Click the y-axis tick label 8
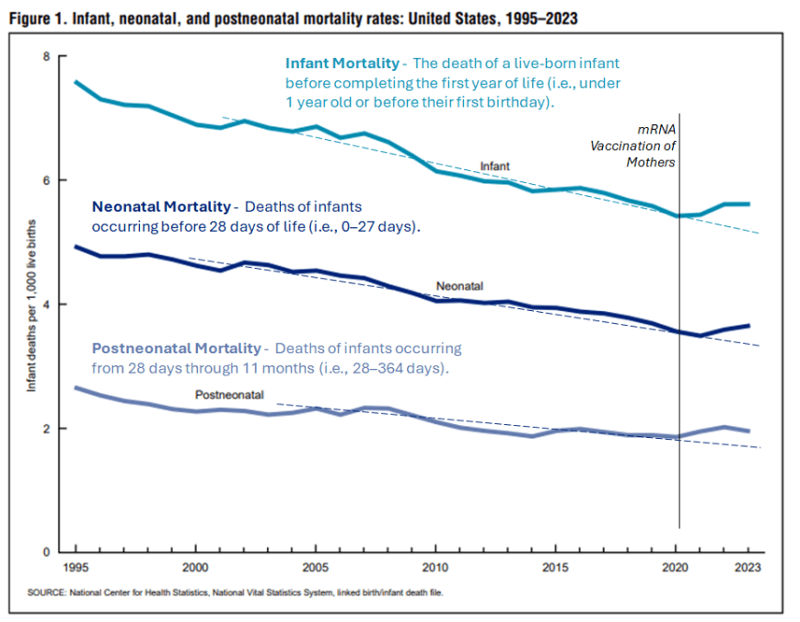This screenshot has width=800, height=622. [46, 57]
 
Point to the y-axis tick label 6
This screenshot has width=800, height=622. [46, 180]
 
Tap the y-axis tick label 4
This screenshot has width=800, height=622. [46, 305]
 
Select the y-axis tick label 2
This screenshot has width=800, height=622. [46, 429]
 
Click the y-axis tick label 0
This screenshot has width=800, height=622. [46, 552]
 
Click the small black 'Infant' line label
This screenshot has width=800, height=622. [494, 167]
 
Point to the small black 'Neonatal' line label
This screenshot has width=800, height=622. [459, 287]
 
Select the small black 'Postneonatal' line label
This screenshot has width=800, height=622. [229, 395]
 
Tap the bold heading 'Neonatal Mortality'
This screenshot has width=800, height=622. [161, 205]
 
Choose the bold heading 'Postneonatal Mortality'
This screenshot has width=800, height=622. [177, 349]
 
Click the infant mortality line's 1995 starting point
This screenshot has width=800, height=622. [75, 82]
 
